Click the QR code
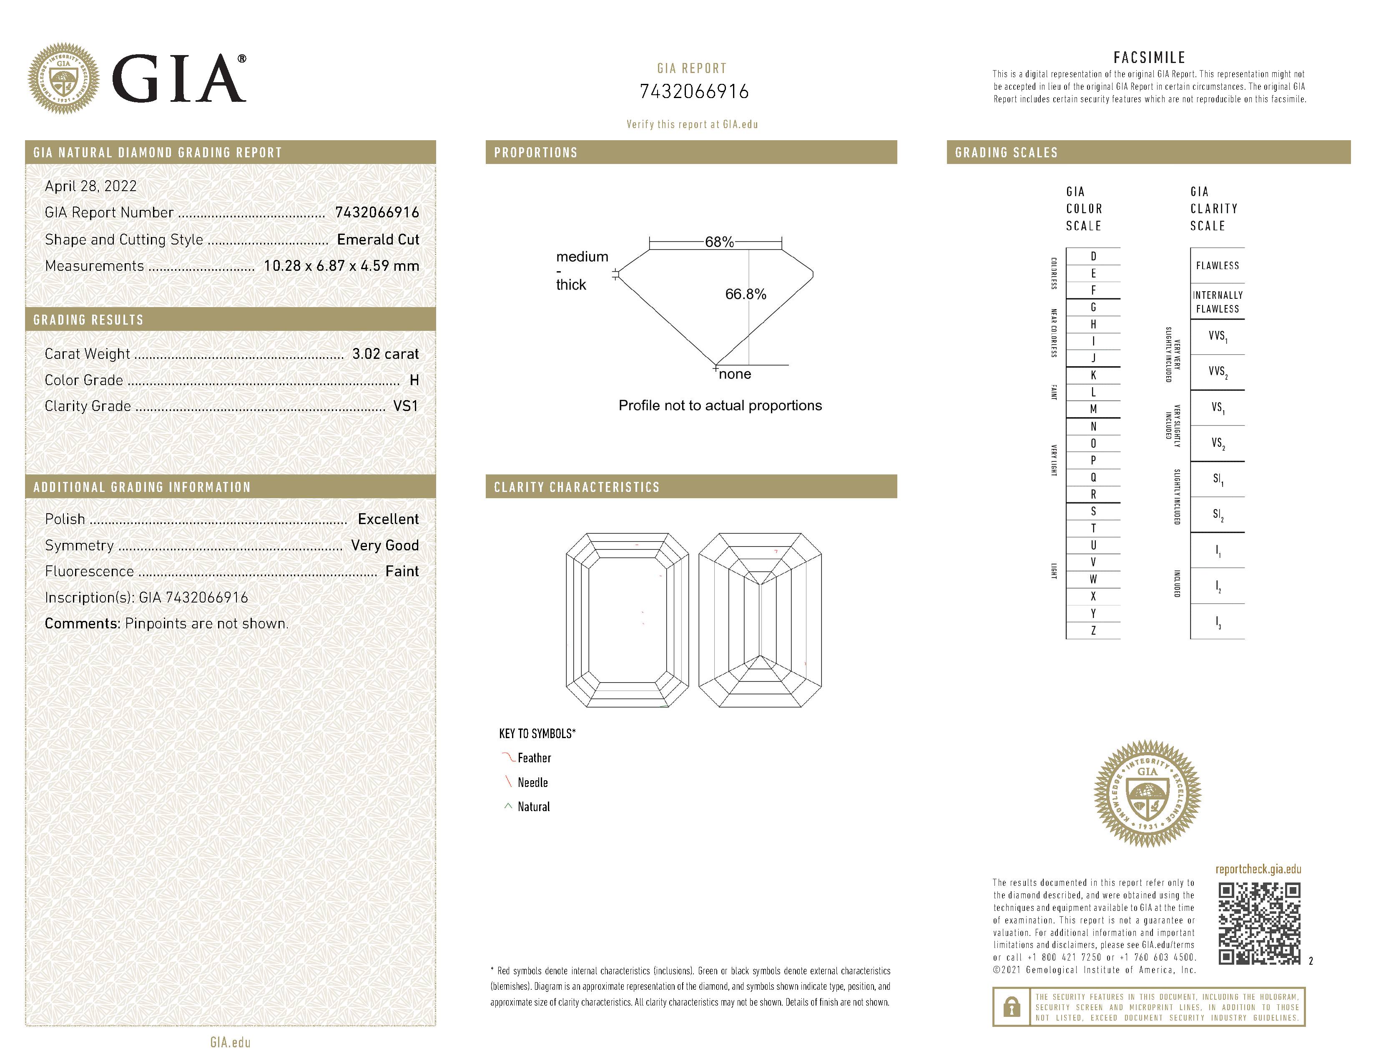coord(1259,923)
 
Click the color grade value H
coord(414,380)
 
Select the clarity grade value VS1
coord(405,406)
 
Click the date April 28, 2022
coord(91,186)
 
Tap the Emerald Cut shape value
coord(378,240)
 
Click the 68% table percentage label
coord(719,242)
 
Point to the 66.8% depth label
coord(746,294)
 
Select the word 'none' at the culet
coord(735,374)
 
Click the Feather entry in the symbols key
coord(534,758)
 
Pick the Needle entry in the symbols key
coord(532,782)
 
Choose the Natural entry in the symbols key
coord(533,807)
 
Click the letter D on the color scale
coord(1093,257)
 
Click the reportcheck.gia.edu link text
coord(1258,869)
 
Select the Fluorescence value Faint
coord(402,571)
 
